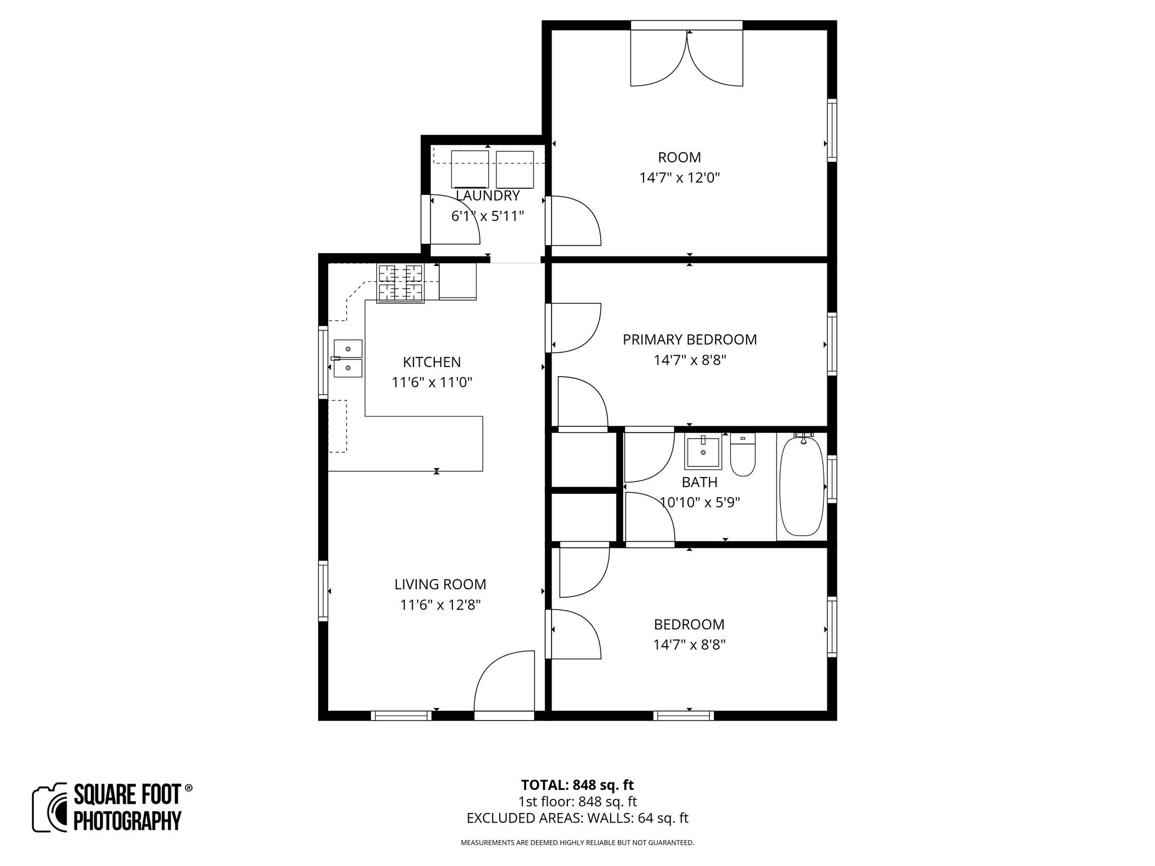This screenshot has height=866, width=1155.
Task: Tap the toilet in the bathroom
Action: coord(743,456)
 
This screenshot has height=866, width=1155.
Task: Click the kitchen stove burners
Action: coord(400,283)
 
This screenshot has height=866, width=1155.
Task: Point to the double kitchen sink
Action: coord(348,358)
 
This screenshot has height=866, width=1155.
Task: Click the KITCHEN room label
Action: coord(431,362)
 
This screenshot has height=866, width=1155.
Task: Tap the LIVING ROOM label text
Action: coord(440,584)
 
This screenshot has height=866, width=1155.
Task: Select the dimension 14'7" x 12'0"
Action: coord(679,178)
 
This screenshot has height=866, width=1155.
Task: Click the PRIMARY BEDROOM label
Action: coord(689,339)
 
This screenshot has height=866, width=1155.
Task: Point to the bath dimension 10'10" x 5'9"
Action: coord(700,502)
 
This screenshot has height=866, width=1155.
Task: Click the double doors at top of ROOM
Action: coord(686,56)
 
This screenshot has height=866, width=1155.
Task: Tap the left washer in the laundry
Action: coord(470,169)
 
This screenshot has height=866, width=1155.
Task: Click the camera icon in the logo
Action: coord(50,807)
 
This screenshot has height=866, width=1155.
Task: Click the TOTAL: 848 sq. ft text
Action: coord(577,785)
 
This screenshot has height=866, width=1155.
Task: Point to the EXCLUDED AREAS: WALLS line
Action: coord(577,818)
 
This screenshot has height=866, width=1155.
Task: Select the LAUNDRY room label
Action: coord(487,196)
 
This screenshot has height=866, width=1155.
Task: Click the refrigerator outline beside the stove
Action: coord(457,281)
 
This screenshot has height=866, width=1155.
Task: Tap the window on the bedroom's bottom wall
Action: coord(684,715)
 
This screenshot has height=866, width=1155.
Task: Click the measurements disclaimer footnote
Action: coord(577,843)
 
